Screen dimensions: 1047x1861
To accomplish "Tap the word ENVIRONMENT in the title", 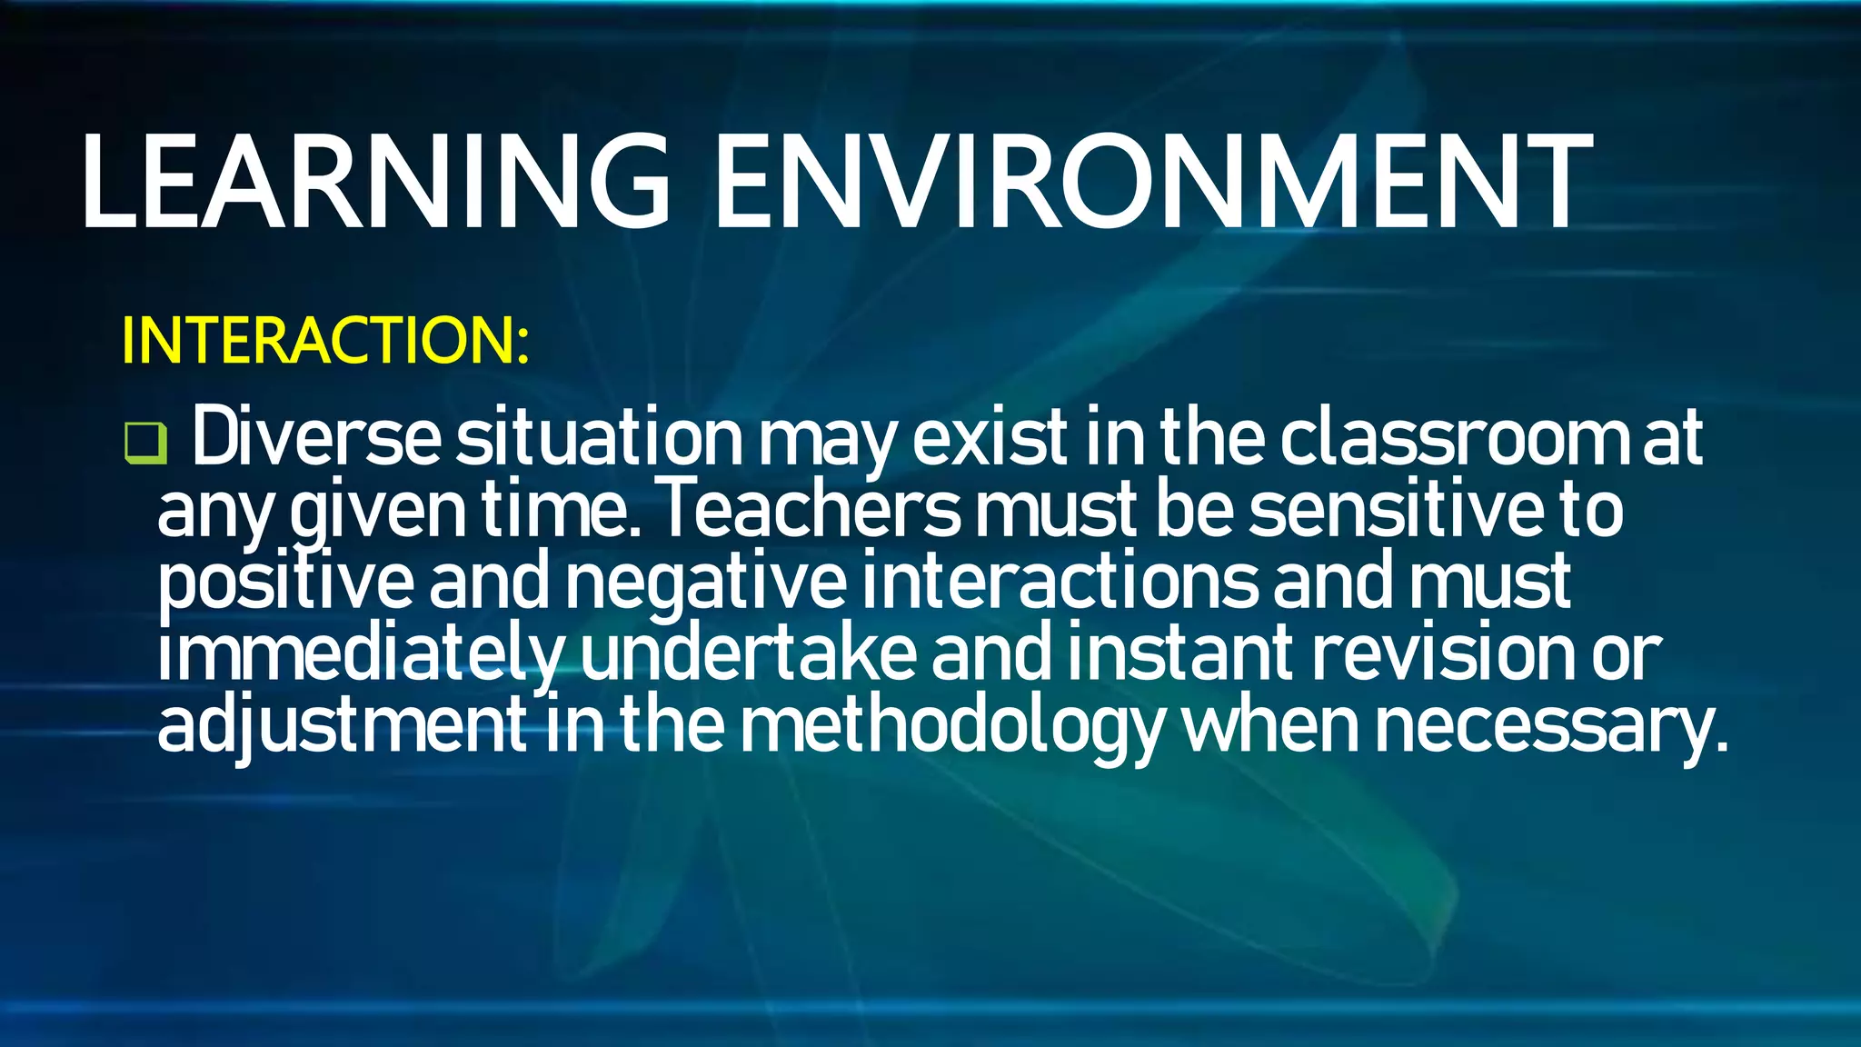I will coord(1152,182).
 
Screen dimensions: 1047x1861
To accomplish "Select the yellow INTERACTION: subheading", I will coord(324,341).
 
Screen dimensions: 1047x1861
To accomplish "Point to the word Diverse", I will coord(316,439).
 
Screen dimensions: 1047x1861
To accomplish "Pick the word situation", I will coord(600,439).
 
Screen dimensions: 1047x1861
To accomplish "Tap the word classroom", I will coord(1456,439).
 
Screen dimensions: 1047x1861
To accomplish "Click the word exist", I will coord(989,439).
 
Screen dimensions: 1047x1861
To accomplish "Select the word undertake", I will coord(749,654).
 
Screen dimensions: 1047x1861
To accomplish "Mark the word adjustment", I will coord(342,725).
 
